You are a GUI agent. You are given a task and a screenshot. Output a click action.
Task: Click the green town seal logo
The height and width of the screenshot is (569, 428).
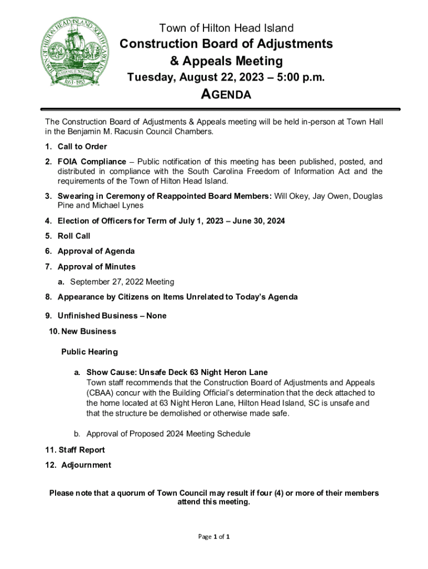[74, 53]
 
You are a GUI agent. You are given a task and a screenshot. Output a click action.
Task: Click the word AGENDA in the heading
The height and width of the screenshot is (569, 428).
[225, 94]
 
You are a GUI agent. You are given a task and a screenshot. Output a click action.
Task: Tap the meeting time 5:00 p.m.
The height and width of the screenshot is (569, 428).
[297, 77]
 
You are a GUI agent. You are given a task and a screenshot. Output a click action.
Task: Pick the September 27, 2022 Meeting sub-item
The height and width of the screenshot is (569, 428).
[122, 282]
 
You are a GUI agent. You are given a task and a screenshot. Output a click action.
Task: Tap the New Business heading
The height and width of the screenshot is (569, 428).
[83, 331]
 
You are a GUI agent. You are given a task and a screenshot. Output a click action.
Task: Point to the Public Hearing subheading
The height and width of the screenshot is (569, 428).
[89, 352]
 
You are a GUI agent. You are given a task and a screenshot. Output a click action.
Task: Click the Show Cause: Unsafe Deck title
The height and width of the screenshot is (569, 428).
[177, 372]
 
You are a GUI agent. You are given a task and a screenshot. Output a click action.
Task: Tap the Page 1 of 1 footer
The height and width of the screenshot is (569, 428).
[214, 537]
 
